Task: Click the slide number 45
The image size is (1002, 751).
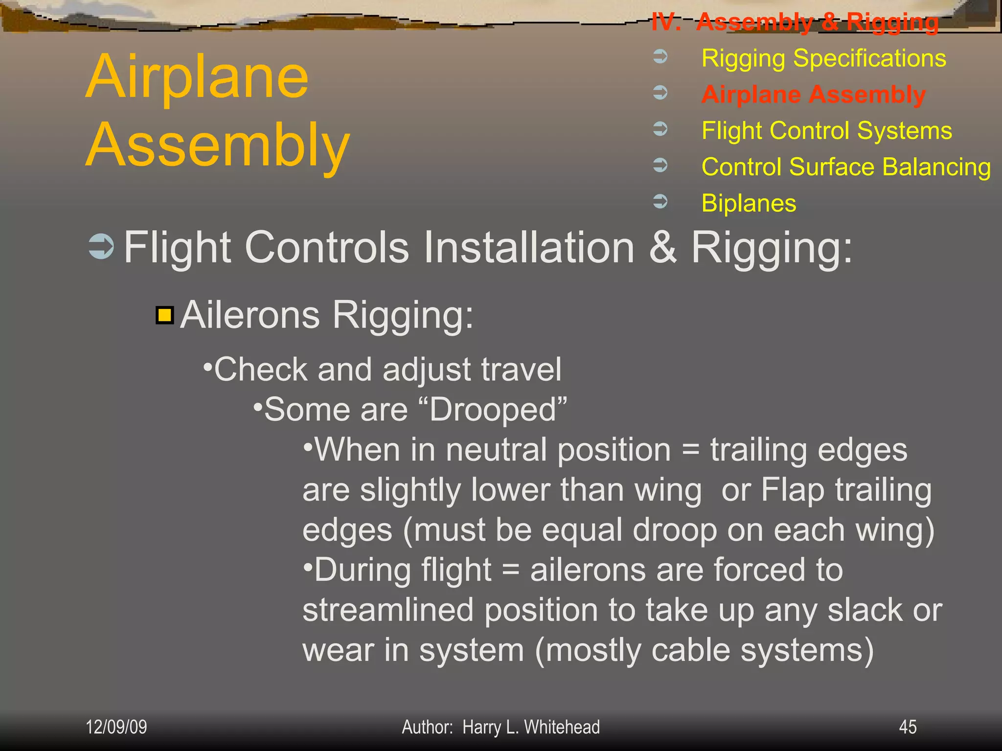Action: point(908,727)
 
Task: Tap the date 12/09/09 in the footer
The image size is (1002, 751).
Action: point(116,727)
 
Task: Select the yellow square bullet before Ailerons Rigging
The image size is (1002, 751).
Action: point(165,315)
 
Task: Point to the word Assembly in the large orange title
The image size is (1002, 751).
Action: point(218,145)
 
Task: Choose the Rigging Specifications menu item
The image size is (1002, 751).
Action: point(823,59)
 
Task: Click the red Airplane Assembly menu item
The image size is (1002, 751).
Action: point(813,94)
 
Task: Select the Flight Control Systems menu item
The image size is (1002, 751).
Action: point(826,131)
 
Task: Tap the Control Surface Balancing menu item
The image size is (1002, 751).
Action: point(846,167)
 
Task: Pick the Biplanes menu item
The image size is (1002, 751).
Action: point(749,203)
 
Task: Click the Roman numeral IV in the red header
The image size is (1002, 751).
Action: point(665,22)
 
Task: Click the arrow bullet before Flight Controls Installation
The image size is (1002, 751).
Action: point(101,246)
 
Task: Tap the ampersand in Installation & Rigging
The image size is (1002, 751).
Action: point(663,247)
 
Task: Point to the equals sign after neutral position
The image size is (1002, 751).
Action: point(690,450)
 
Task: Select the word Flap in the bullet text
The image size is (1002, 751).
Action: point(792,490)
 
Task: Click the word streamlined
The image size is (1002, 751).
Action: point(388,610)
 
